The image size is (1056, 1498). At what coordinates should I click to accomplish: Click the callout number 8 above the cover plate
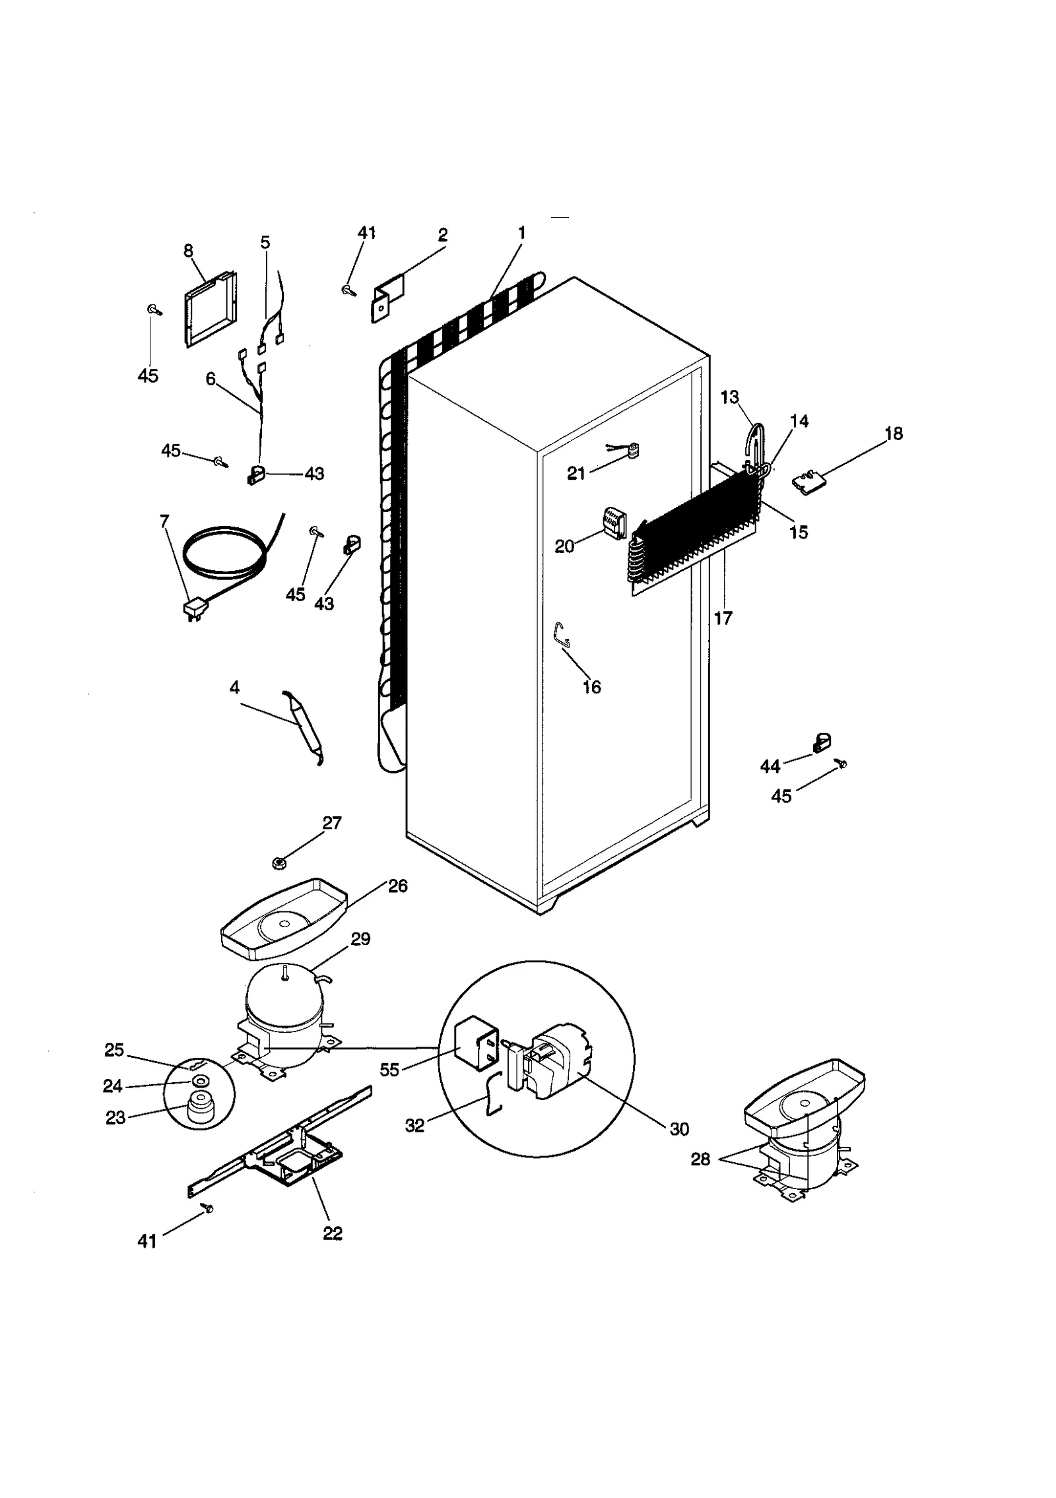pyautogui.click(x=188, y=251)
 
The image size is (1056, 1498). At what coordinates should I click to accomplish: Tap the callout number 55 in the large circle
pyautogui.click(x=389, y=1070)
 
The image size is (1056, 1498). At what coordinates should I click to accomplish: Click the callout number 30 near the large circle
pyautogui.click(x=679, y=1129)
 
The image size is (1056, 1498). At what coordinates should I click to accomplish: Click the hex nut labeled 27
pyautogui.click(x=279, y=861)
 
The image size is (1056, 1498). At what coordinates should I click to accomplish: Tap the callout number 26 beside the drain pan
pyautogui.click(x=397, y=886)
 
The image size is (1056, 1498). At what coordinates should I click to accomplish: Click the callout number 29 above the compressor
pyautogui.click(x=360, y=938)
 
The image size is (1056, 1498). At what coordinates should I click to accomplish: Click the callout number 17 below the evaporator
pyautogui.click(x=723, y=618)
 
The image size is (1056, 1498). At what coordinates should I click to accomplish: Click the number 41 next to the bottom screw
pyautogui.click(x=147, y=1241)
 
